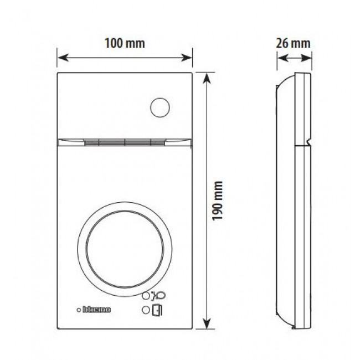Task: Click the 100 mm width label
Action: pos(125,43)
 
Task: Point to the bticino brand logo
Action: pos(98,310)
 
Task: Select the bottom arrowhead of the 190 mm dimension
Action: pos(207,325)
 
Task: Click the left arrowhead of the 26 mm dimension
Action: pos(277,56)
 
